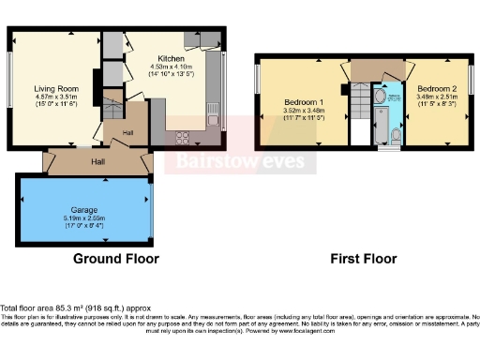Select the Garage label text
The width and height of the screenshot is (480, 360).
83,211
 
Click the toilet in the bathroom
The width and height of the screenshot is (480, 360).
397,139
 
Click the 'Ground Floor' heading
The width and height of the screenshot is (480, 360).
116,258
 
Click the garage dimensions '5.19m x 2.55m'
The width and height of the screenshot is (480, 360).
83,219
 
